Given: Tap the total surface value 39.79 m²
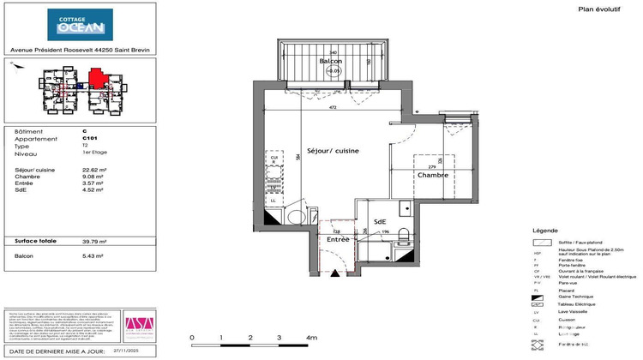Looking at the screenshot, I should point(94,241).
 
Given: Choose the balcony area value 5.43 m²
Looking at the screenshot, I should point(93,255).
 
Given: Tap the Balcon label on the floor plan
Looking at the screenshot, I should point(331,62).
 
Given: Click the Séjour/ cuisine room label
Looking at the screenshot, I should point(328,150).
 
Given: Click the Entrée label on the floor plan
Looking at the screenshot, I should point(338,240).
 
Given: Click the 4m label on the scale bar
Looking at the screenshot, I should point(310,339).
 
